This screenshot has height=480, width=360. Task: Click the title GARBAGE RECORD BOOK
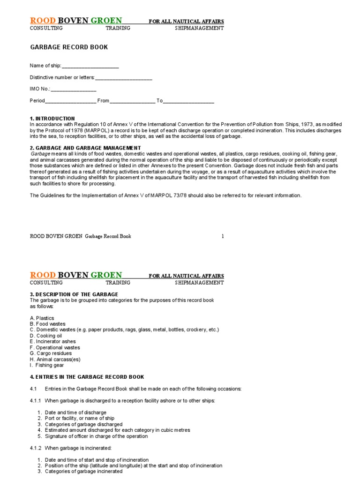click(x=69, y=47)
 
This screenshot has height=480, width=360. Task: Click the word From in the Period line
click(x=103, y=101)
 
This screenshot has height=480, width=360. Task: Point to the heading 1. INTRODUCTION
click(x=52, y=119)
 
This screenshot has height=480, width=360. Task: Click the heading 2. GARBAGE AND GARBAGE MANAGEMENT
click(x=85, y=148)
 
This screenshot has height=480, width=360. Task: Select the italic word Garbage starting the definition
click(x=40, y=154)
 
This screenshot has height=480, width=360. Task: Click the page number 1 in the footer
click(x=223, y=236)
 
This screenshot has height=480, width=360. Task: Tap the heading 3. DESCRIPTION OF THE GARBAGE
click(x=74, y=294)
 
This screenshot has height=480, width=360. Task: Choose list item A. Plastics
click(x=42, y=318)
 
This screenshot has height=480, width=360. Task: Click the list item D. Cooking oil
click(x=46, y=336)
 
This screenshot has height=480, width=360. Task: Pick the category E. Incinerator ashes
click(x=52, y=342)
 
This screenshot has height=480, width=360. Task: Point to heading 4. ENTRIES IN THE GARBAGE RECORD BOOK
click(x=87, y=377)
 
